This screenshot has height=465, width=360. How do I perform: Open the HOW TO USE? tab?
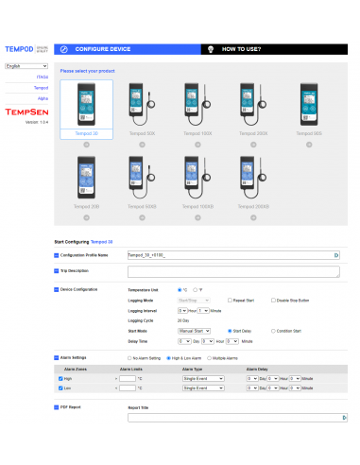pos(241,48)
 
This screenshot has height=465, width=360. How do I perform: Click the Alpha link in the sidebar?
pos(43,97)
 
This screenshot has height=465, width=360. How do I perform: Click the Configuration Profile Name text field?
pos(231,255)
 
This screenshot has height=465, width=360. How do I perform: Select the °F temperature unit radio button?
pos(195,290)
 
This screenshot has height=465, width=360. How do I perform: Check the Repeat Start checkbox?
pos(230,300)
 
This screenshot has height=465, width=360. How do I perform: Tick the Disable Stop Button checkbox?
pos(272,300)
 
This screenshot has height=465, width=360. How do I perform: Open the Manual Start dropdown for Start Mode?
pos(195,331)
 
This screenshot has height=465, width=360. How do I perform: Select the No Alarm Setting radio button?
pos(131,359)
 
